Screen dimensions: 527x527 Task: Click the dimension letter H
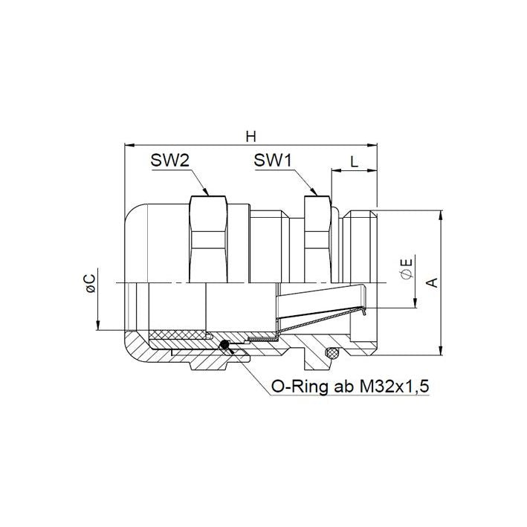pos(250,137)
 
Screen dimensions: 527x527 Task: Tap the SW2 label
pos(170,161)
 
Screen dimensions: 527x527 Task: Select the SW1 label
pos(273,161)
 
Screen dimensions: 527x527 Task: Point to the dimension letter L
pos(354,162)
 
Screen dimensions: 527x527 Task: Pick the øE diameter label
pos(407,268)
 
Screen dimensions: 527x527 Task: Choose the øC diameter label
pos(91,283)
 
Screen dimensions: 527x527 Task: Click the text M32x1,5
pos(395,387)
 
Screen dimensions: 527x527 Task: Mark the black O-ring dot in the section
pos(224,344)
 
